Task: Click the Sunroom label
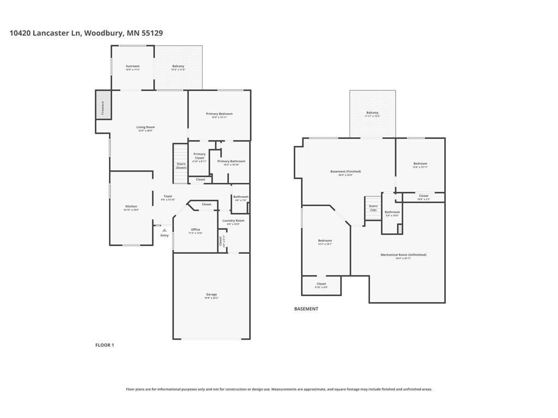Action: click(132, 66)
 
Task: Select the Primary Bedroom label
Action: click(219, 114)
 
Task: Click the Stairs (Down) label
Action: click(181, 165)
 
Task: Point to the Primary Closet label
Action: click(199, 156)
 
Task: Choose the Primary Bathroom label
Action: click(231, 161)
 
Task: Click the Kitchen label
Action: click(131, 206)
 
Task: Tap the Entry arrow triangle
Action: click(164, 230)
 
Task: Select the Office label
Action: click(195, 230)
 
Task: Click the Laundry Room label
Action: click(233, 220)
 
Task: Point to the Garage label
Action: click(211, 294)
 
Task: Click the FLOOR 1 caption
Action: click(105, 345)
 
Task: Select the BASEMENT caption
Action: click(306, 309)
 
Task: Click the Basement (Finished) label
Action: click(345, 171)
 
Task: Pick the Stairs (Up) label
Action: click(373, 207)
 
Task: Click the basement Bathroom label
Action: click(392, 212)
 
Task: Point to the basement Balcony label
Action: click(372, 113)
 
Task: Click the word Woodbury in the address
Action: click(104, 33)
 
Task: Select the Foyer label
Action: click(168, 196)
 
